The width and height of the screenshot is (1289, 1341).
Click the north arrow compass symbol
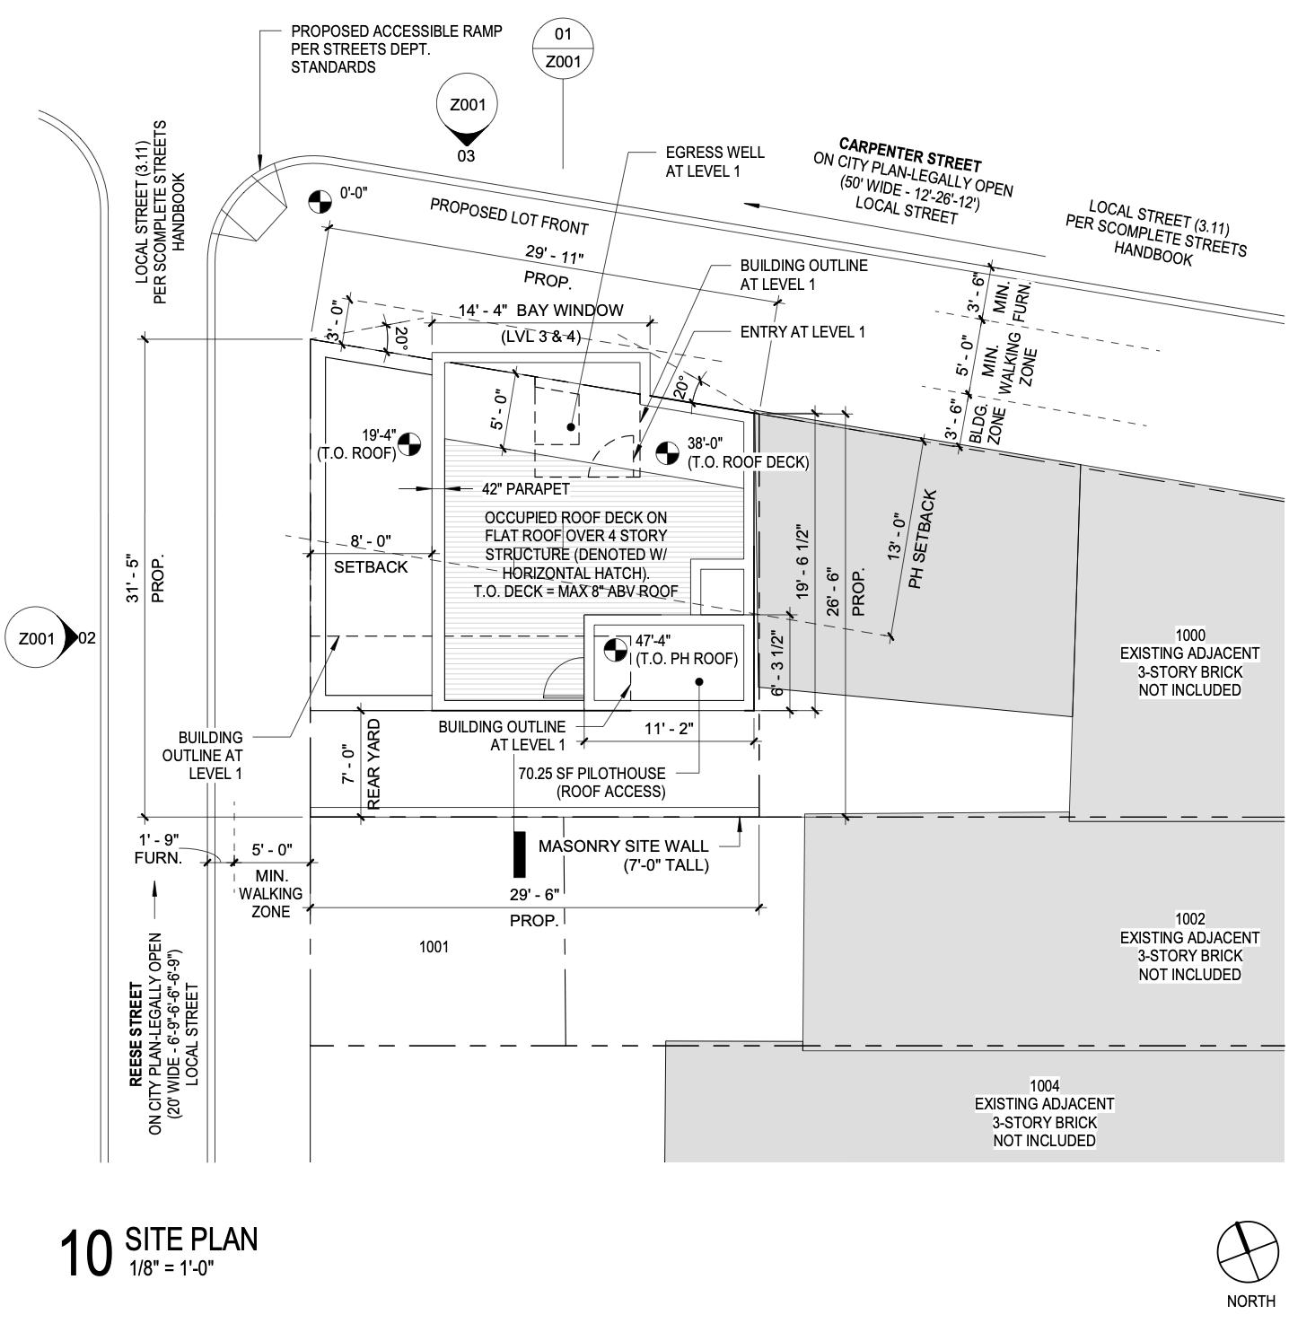click(x=1247, y=1253)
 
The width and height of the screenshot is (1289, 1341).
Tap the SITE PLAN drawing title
click(x=190, y=1240)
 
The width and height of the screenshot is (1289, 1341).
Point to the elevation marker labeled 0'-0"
click(x=316, y=202)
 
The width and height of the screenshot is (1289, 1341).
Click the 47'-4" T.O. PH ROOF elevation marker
click(x=616, y=650)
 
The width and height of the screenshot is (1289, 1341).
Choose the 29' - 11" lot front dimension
click(x=554, y=257)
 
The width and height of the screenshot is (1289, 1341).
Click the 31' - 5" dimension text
click(x=135, y=577)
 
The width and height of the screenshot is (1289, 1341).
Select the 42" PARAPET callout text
click(x=525, y=489)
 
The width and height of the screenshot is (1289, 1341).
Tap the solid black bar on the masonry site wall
click(x=519, y=854)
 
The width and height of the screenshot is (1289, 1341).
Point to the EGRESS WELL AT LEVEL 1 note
click(x=715, y=162)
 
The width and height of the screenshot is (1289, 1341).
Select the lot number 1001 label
click(x=434, y=947)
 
